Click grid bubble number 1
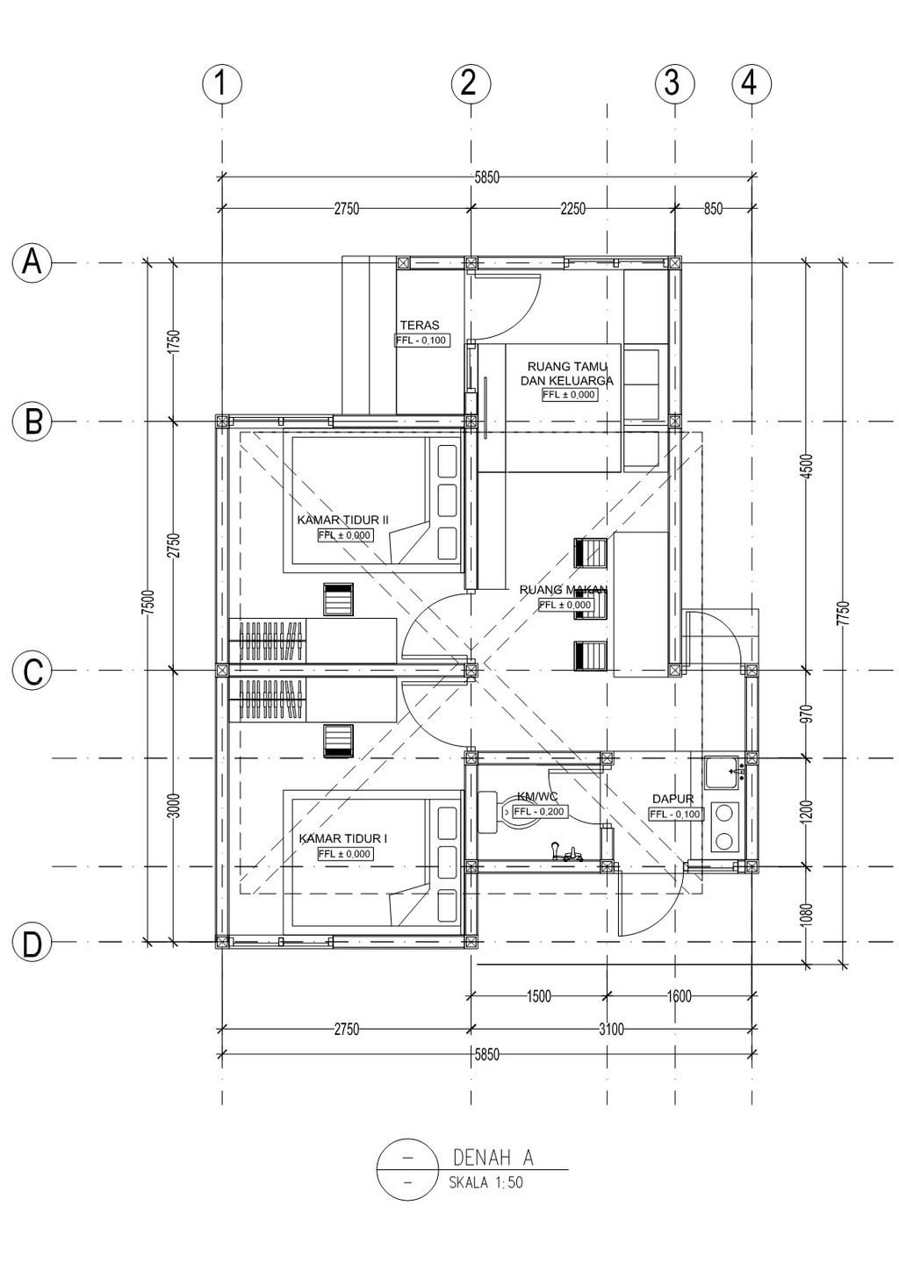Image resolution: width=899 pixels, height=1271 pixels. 222,84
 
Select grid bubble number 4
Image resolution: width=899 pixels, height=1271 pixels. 752,84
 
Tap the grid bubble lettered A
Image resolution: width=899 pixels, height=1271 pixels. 32,262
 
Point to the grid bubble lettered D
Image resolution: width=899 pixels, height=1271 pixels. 32,942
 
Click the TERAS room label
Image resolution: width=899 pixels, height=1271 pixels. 420,325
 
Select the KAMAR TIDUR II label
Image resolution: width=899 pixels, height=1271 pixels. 342,520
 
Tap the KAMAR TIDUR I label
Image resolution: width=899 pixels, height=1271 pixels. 343,838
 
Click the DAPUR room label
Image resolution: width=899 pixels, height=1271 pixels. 673,799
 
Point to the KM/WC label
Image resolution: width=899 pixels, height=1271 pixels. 537,797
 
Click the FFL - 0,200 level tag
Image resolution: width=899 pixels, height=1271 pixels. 538,812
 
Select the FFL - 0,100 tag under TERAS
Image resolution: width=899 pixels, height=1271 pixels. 422,341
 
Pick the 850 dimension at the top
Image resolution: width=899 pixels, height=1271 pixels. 714,209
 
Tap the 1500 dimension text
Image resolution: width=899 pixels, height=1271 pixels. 538,995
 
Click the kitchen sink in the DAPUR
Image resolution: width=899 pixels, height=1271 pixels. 722,772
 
